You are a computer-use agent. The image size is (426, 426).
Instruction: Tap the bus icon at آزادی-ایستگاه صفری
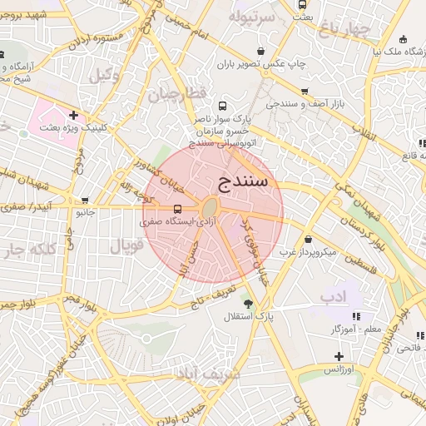(178, 210)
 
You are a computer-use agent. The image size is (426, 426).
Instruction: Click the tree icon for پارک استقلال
(247, 302)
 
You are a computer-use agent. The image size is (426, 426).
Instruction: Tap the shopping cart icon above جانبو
(85, 201)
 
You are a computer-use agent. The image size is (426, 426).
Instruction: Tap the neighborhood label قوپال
(126, 246)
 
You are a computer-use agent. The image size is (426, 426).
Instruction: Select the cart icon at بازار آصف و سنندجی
(305, 91)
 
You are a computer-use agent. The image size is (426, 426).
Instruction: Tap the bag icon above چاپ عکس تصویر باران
(261, 50)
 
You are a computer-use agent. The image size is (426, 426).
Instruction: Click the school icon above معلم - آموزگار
(357, 316)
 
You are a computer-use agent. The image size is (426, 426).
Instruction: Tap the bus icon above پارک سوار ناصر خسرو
(221, 106)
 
